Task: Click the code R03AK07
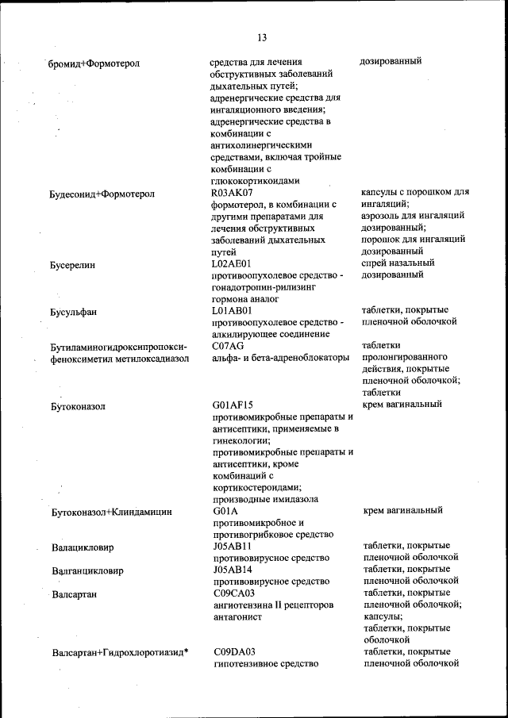[232, 192]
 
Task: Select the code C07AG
[229, 346]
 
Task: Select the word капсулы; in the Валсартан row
[383, 616]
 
